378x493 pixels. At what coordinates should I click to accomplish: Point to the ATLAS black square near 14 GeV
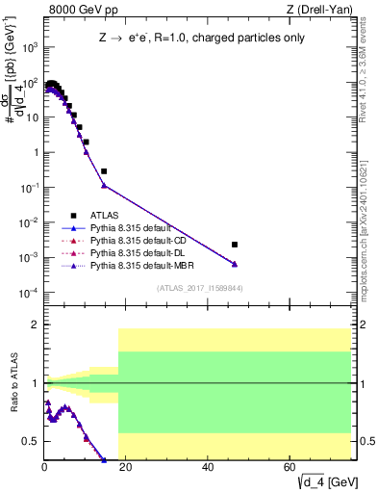point(104,171)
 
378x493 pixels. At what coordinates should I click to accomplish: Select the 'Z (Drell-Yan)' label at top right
point(325,10)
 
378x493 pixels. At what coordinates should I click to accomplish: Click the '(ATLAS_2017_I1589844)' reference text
point(198,288)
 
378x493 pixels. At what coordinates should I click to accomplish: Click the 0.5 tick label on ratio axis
point(33,441)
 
